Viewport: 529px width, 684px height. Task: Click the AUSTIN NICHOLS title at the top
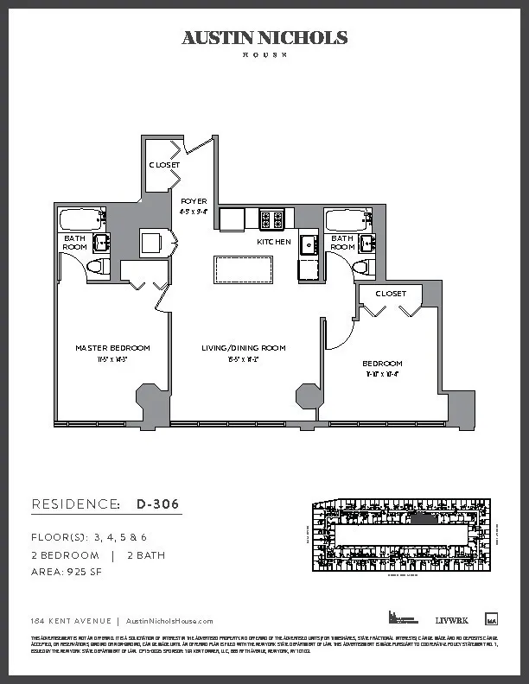pyautogui.click(x=264, y=38)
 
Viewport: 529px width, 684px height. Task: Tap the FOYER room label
pyautogui.click(x=194, y=200)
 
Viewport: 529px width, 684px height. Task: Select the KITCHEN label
pyautogui.click(x=273, y=243)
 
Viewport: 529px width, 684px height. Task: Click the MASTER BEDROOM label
pyautogui.click(x=112, y=348)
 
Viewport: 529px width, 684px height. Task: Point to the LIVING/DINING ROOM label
pyautogui.click(x=243, y=348)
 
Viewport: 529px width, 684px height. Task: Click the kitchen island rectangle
pyautogui.click(x=243, y=269)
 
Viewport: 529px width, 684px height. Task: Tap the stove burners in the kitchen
pyautogui.click(x=272, y=219)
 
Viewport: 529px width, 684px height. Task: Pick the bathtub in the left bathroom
pyautogui.click(x=81, y=217)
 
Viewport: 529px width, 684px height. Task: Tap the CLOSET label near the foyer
pyautogui.click(x=164, y=165)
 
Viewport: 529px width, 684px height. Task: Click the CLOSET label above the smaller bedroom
pyautogui.click(x=391, y=294)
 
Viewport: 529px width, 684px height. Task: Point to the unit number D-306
pyautogui.click(x=159, y=504)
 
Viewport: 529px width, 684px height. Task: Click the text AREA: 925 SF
pyautogui.click(x=67, y=572)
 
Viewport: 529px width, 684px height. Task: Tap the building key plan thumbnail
pyautogui.click(x=401, y=535)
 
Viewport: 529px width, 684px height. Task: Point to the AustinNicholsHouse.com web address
pyautogui.click(x=169, y=621)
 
